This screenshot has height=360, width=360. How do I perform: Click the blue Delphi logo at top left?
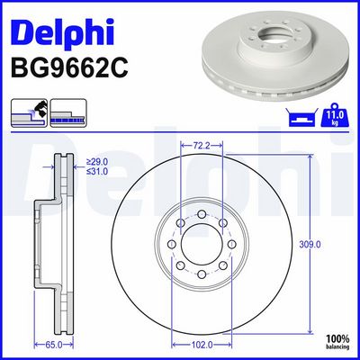pyautogui.click(x=62, y=31)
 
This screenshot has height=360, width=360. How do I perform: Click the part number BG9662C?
pyautogui.click(x=69, y=67)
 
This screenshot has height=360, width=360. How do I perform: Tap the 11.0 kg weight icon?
pyautogui.click(x=334, y=115)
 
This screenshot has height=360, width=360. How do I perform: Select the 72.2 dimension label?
pyautogui.click(x=202, y=146)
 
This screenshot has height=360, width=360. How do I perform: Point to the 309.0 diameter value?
pyautogui.click(x=310, y=245)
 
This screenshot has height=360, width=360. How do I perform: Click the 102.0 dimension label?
pyautogui.click(x=202, y=345)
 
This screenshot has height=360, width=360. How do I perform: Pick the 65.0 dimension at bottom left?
pyautogui.click(x=54, y=345)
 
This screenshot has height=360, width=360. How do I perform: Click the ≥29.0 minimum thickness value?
pyautogui.click(x=97, y=162)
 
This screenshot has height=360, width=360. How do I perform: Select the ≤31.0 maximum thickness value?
pyautogui.click(x=97, y=172)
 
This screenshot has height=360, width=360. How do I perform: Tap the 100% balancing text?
pyautogui.click(x=337, y=342)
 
